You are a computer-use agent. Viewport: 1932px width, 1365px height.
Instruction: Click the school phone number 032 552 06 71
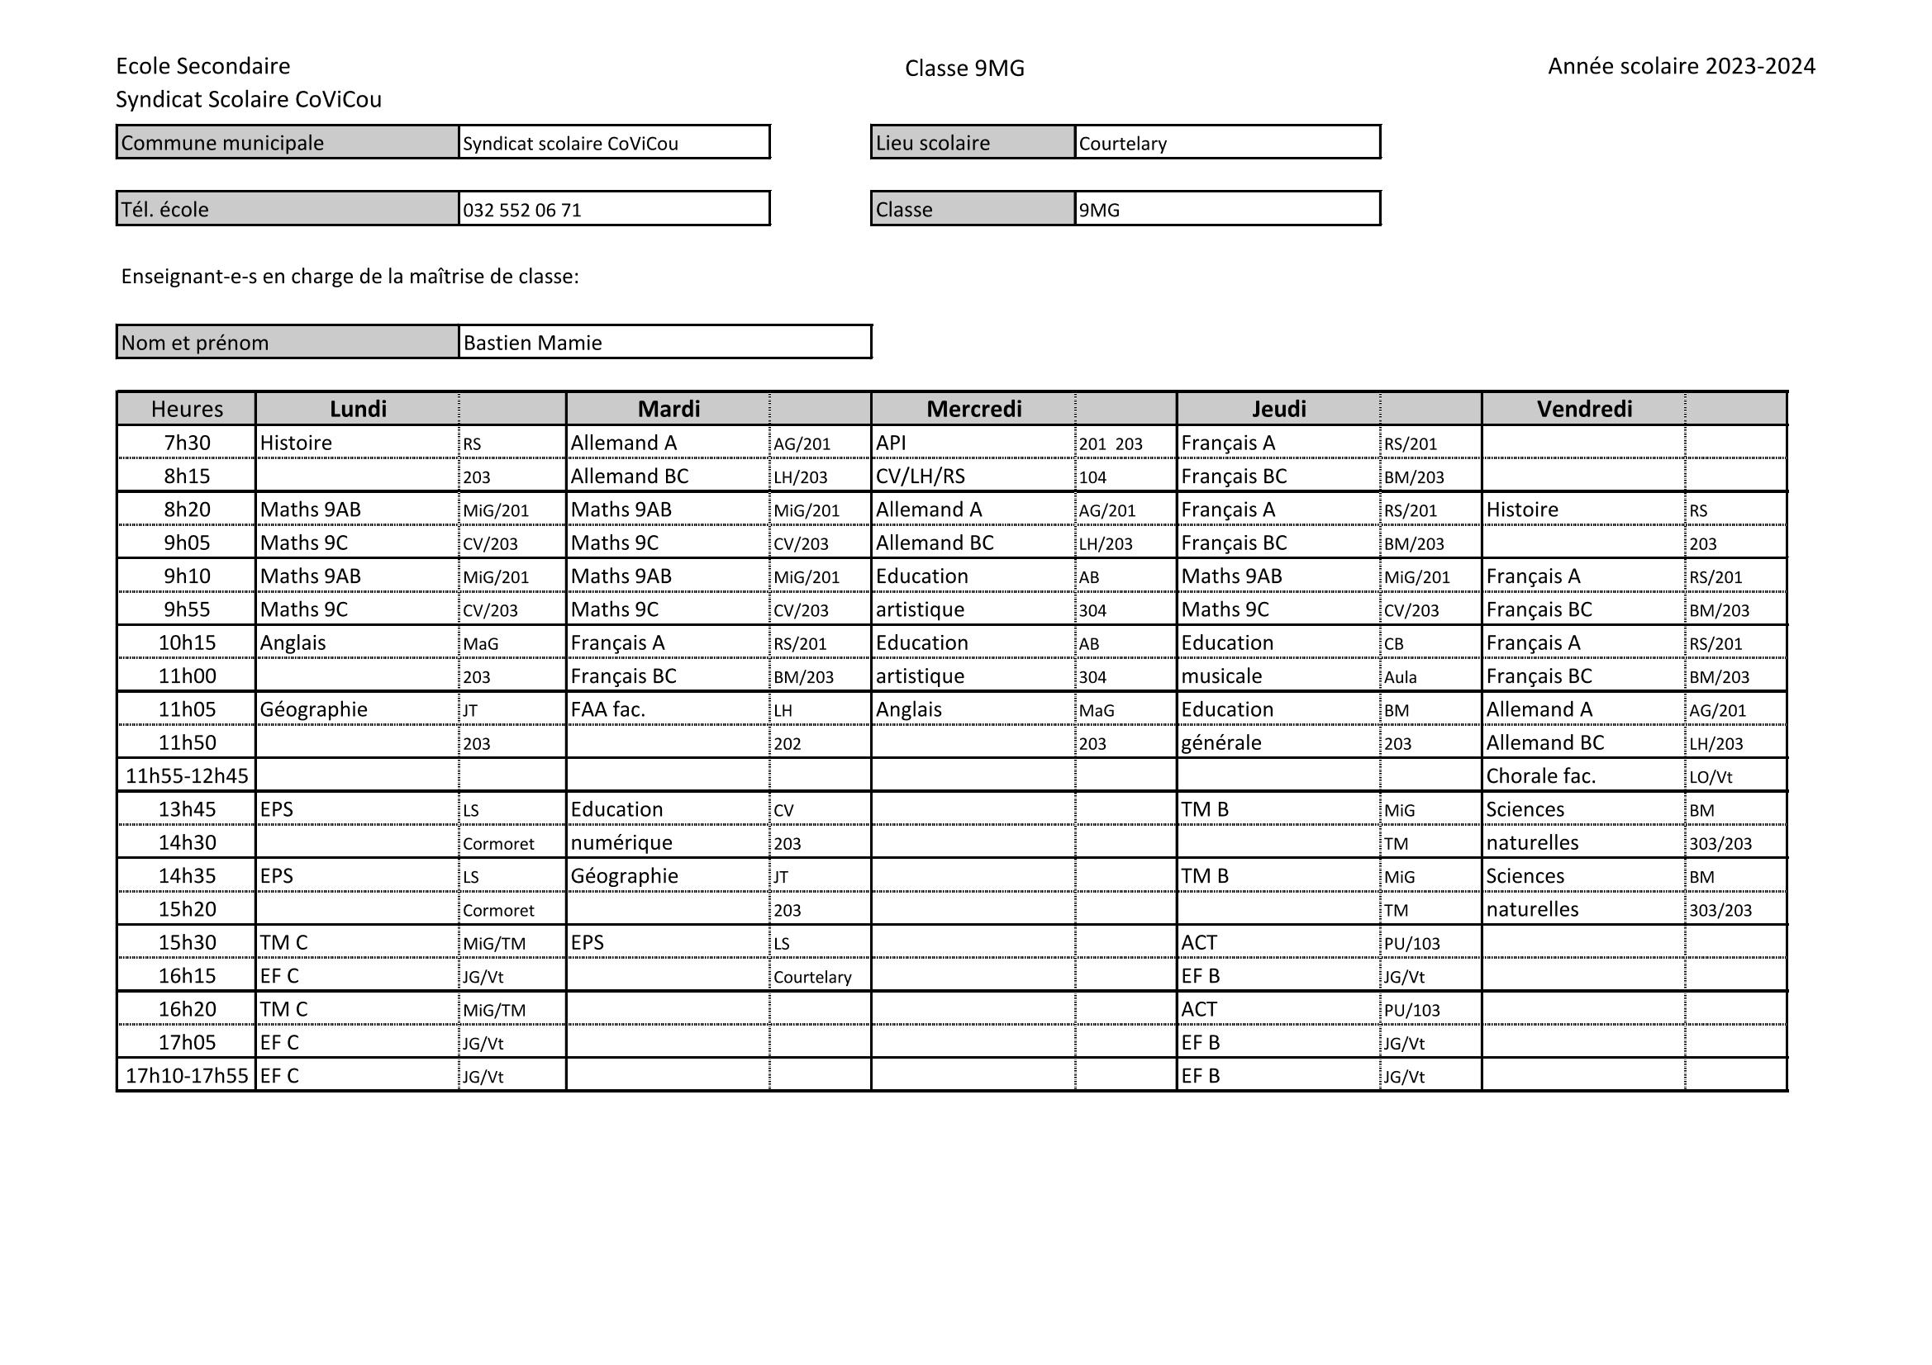521,211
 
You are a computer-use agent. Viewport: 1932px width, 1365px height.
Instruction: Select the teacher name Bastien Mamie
533,344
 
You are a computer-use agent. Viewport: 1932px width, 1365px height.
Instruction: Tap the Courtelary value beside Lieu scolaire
1122,144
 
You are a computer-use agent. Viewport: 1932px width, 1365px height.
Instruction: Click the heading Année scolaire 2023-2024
1682,66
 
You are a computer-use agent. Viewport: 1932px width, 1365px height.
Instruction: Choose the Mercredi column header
973,409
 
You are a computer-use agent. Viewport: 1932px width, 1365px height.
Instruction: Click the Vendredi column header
1583,409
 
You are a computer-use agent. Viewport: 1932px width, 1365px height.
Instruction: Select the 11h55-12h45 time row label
187,775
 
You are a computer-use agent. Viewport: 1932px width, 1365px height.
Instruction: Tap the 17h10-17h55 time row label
187,1076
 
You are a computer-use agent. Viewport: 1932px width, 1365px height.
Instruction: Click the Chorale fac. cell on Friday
1539,775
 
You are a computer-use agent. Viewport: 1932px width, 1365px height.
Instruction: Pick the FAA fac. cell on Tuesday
607,710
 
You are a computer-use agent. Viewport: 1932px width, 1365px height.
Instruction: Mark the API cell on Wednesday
890,443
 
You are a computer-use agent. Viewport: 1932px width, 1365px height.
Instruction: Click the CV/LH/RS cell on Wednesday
920,476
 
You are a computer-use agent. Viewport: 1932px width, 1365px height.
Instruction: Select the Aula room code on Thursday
1400,677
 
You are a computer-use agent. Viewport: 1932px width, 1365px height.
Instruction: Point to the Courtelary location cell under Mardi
812,977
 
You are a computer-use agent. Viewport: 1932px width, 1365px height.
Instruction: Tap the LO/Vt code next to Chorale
1710,777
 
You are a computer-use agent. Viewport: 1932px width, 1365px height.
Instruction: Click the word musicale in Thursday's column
1221,676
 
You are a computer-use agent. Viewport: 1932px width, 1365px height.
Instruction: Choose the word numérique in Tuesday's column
621,843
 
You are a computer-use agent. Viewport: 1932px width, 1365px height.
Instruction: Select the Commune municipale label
222,143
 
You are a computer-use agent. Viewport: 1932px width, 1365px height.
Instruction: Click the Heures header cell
187,409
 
